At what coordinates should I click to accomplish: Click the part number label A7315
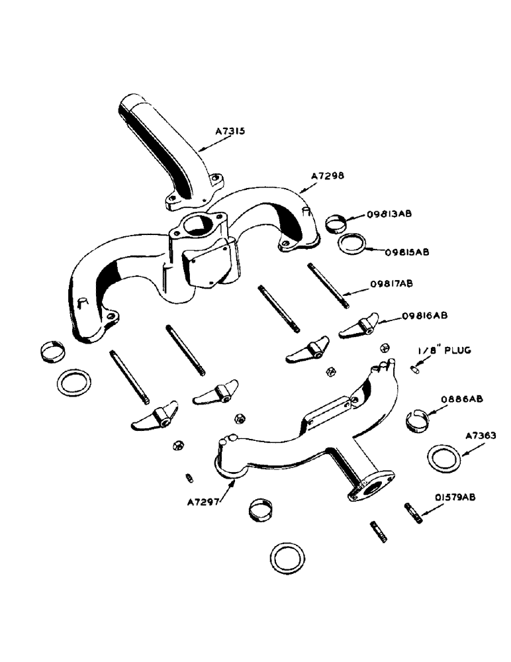tap(230, 132)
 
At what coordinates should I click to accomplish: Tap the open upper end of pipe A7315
tap(132, 104)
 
